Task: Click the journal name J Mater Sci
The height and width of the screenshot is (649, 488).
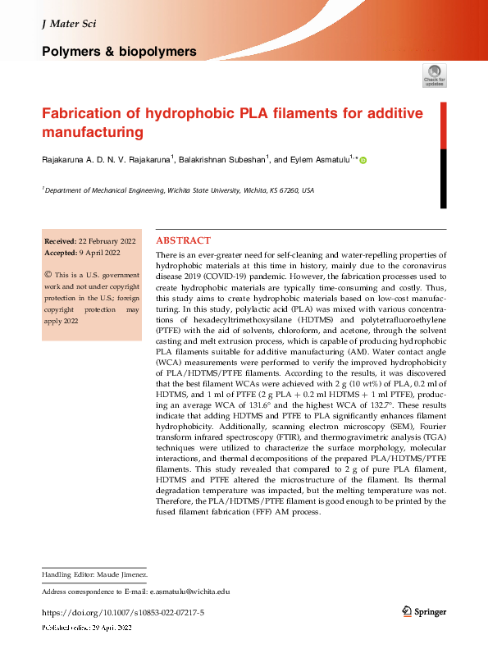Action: point(68,24)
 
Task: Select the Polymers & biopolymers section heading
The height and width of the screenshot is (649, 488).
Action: point(119,52)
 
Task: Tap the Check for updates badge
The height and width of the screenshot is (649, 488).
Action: point(434,75)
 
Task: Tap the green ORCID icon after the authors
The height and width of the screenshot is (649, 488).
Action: point(363,161)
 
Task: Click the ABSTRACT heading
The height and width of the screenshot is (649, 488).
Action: point(183,241)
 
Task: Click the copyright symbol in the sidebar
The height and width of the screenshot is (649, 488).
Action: point(48,275)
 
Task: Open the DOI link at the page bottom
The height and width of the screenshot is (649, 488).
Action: point(123,612)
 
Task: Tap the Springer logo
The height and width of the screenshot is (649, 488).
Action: point(426,611)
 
